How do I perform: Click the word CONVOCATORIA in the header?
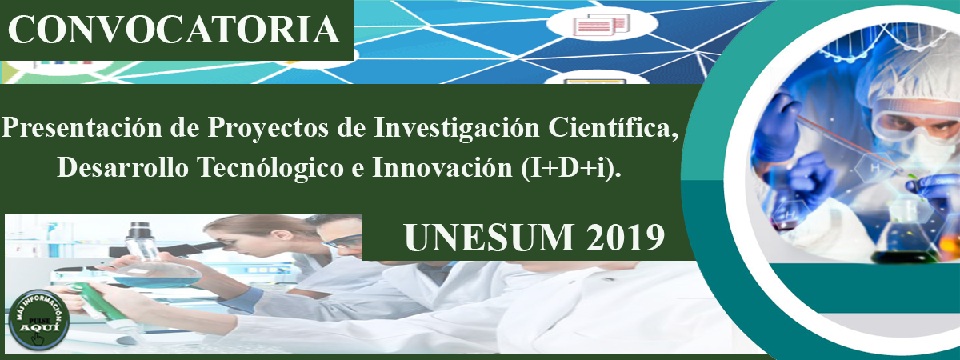174,30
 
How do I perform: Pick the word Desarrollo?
123,166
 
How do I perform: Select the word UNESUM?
489,238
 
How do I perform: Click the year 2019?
626,238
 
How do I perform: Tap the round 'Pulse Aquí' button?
39,320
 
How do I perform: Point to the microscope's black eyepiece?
138,230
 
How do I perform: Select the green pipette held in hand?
99,302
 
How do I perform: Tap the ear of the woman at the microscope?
277,236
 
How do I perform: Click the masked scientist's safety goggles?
917,122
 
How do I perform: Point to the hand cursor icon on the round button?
38,338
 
